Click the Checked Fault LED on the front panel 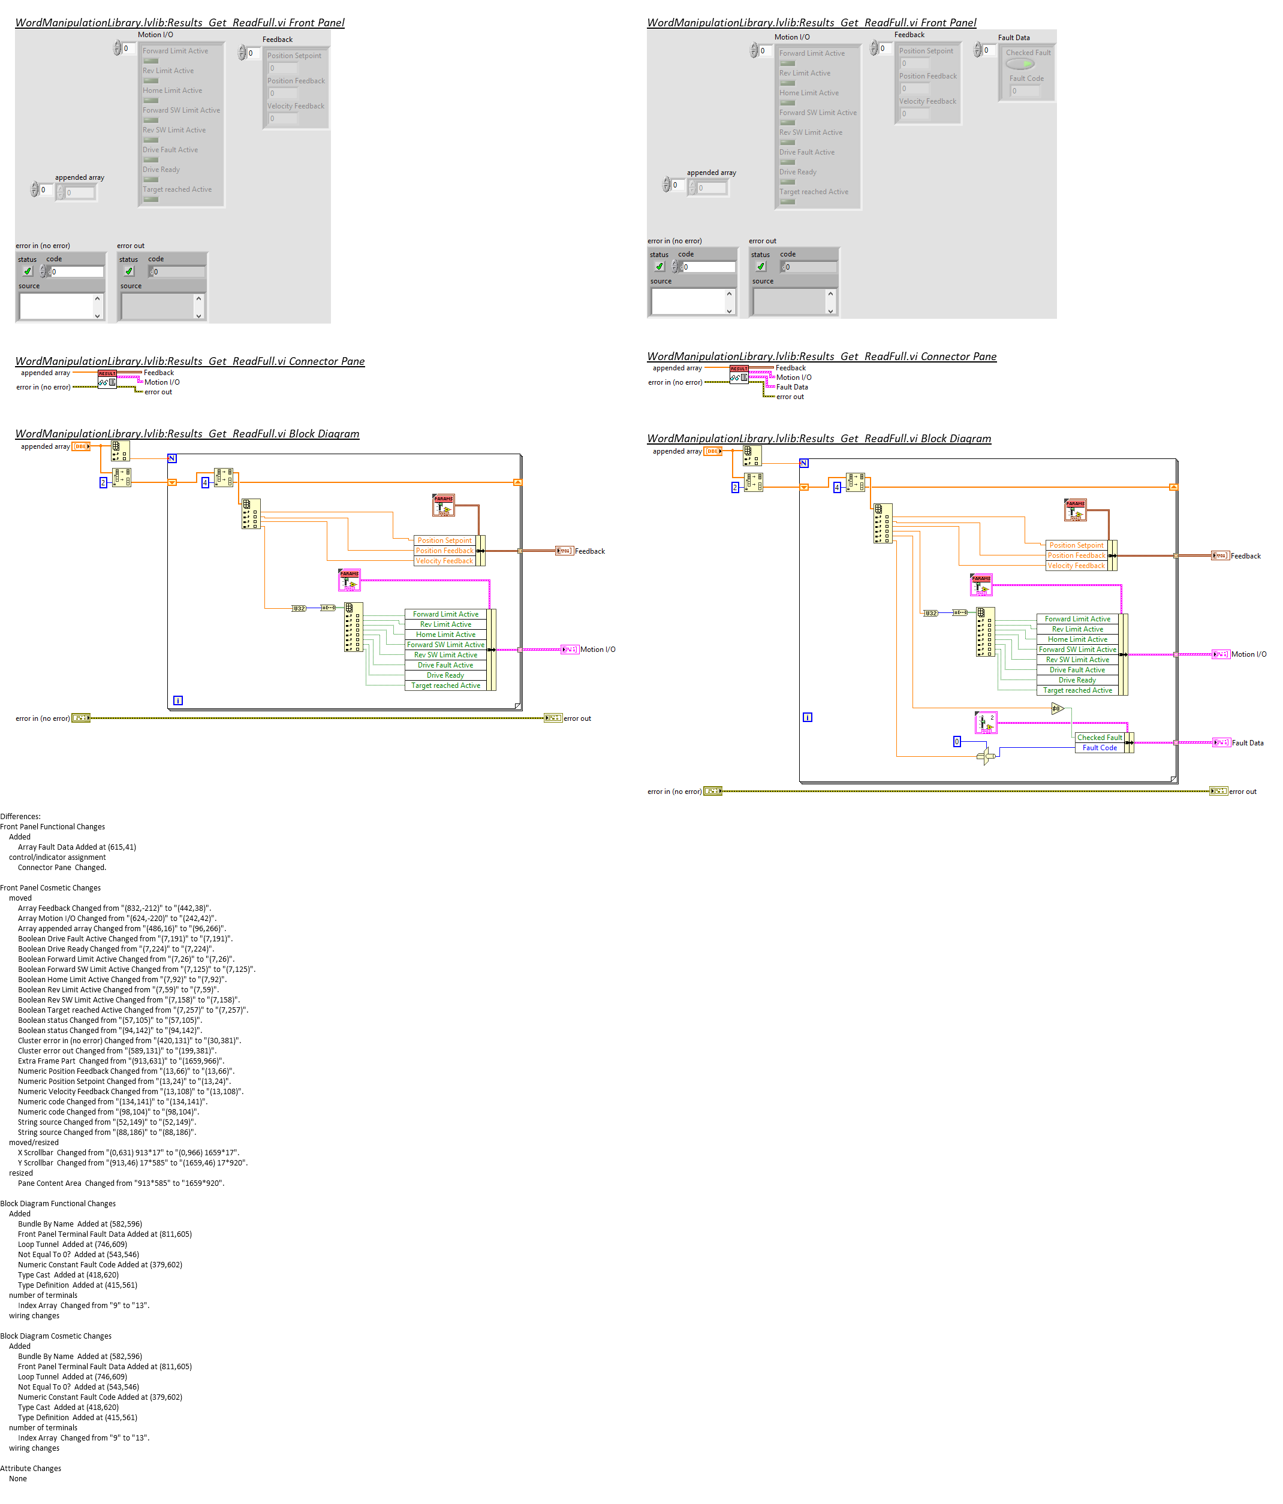point(1019,64)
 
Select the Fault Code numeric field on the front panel point(1025,90)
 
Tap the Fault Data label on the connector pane point(791,387)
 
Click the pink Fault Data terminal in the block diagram point(1220,742)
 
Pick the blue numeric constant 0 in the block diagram point(956,741)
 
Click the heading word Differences point(20,817)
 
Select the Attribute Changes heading point(31,1469)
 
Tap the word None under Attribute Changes point(17,1479)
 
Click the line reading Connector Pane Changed point(62,868)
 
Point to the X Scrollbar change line point(128,1153)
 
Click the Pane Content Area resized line point(121,1183)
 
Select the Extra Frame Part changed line point(121,1061)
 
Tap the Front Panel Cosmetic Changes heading point(50,888)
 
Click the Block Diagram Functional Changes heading point(58,1203)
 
